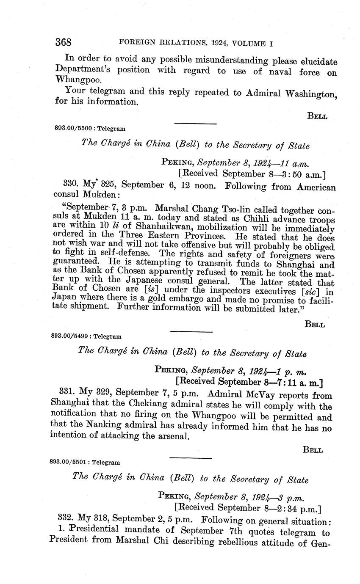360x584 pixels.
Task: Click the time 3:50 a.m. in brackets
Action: [304, 174]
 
